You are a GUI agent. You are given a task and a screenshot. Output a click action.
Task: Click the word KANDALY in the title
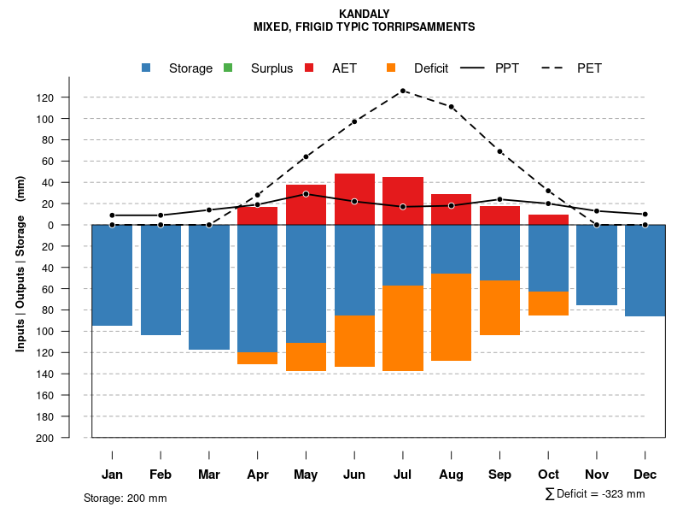[x=364, y=14]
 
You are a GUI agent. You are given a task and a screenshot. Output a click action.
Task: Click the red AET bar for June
[x=354, y=199]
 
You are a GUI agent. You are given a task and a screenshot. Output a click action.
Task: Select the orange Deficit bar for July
[x=403, y=328]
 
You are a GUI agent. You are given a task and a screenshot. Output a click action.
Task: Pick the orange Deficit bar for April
[x=257, y=358]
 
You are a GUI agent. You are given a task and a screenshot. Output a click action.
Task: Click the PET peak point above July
[x=403, y=91]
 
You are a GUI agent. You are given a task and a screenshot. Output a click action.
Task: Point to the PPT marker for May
[x=306, y=194]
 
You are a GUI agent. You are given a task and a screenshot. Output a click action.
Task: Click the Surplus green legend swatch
[x=228, y=68]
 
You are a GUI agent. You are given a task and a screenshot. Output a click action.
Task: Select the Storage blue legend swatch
[x=147, y=68]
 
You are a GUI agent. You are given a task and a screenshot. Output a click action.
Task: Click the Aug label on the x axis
[x=451, y=475]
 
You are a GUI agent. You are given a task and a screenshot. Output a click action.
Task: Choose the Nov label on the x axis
[x=597, y=475]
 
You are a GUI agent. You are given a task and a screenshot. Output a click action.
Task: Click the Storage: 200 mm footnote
[x=126, y=498]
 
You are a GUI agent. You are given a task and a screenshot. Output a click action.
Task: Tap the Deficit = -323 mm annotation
[x=595, y=494]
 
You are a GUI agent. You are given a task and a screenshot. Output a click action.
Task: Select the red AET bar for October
[x=548, y=220]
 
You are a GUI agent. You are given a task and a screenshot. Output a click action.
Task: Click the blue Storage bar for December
[x=645, y=270]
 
